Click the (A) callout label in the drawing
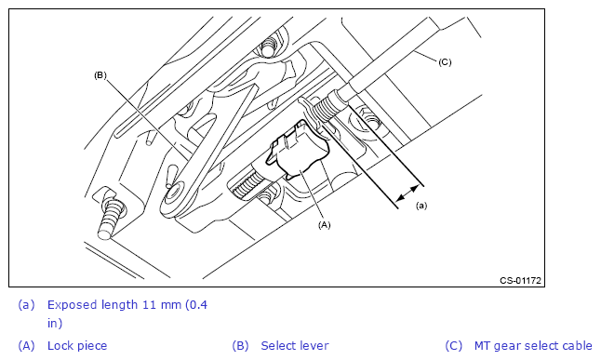[325, 225]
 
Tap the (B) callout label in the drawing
[100, 75]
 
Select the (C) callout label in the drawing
[445, 61]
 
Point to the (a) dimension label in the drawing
[421, 206]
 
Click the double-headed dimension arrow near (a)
[407, 193]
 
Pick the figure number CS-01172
[520, 280]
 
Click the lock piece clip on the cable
[299, 150]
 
